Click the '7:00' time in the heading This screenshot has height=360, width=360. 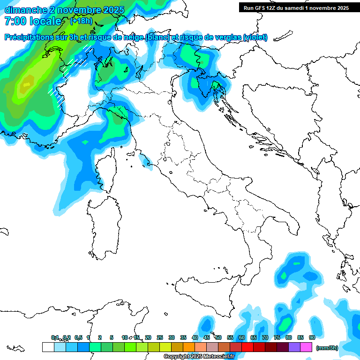click(15, 21)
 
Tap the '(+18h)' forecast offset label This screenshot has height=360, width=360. click(81, 21)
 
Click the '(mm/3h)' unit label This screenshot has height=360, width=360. click(327, 348)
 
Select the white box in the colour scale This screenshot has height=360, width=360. click(48, 347)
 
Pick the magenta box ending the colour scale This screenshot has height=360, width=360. click(306, 347)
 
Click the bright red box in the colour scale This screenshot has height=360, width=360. click(247, 347)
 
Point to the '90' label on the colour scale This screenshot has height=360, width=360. click(312, 337)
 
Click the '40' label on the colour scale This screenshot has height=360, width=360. click(195, 337)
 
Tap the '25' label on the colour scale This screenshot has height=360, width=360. click(159, 337)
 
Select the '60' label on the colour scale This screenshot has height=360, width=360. click(241, 337)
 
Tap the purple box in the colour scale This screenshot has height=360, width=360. click(294, 347)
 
